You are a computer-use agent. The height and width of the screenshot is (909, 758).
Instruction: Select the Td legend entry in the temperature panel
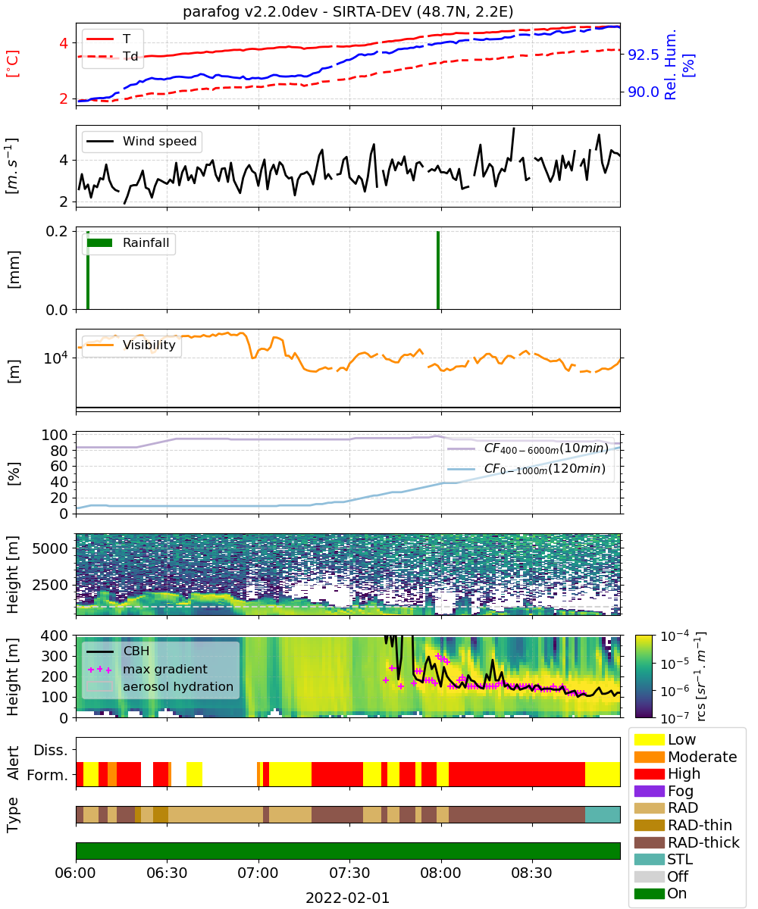click(112, 56)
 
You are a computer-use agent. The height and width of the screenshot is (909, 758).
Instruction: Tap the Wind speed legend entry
click(142, 141)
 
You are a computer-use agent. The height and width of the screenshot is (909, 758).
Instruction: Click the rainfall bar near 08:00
click(438, 270)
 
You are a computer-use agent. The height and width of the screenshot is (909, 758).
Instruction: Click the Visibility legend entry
click(130, 345)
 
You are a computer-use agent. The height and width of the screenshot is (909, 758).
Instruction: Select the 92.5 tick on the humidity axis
click(644, 55)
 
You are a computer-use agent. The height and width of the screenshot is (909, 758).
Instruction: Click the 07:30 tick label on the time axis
click(349, 873)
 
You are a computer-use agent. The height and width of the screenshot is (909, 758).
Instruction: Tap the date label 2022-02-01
click(347, 898)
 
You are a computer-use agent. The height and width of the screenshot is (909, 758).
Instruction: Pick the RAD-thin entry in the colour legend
click(683, 825)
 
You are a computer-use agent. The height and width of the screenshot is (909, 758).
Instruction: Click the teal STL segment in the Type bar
click(602, 814)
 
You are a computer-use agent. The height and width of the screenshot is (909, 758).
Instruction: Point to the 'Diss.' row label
click(51, 750)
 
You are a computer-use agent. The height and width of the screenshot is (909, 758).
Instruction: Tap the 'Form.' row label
click(48, 775)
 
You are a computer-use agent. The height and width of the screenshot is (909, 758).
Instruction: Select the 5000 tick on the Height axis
click(50, 548)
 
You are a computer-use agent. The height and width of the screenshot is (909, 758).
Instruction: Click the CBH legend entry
click(117, 651)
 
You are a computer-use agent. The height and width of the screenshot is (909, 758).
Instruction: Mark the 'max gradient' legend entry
click(147, 669)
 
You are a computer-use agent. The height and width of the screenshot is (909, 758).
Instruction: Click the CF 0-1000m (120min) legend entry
click(526, 468)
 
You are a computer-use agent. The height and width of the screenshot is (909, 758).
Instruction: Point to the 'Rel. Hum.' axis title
click(670, 64)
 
